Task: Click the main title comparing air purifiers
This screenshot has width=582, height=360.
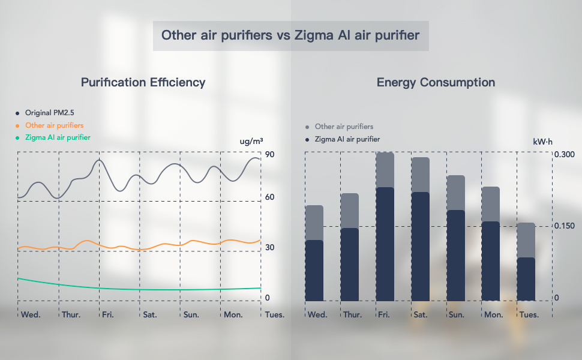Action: pos(290,35)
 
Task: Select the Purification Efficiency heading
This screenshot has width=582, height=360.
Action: pos(143,83)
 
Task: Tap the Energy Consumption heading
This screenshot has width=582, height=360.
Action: pos(436,83)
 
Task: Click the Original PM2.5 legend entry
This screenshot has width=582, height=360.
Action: pos(49,113)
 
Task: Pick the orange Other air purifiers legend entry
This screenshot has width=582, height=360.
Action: pos(54,125)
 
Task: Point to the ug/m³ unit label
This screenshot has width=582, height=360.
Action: pos(251,142)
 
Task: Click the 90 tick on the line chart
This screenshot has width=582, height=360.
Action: pos(270,155)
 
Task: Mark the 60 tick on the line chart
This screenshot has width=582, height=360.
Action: pos(270,197)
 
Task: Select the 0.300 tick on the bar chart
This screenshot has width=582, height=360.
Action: pos(564,155)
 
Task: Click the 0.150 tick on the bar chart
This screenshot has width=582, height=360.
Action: pos(564,226)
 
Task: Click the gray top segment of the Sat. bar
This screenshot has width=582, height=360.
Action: pos(420,175)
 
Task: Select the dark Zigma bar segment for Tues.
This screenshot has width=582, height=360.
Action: pos(526,279)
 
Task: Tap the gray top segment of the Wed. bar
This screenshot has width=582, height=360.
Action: pos(314,223)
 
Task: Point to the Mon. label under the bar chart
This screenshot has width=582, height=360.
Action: pos(493,314)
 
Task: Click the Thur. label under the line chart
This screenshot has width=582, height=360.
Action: pos(71,314)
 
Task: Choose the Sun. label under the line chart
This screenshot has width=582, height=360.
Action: pos(191,314)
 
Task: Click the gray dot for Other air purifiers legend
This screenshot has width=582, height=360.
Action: pos(307,127)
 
